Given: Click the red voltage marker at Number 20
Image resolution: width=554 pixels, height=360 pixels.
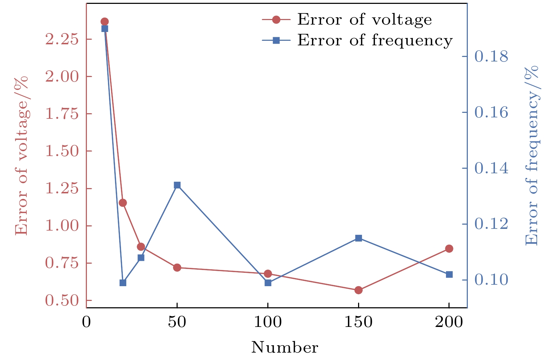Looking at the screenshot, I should [123, 203].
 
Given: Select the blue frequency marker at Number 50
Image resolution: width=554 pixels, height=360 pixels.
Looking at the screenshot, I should [177, 185].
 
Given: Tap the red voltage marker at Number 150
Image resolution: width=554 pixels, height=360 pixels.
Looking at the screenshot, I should [358, 290].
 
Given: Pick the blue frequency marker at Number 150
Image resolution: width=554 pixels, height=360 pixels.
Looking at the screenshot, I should [358, 238].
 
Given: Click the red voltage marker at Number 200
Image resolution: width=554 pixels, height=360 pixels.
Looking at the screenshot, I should [449, 249].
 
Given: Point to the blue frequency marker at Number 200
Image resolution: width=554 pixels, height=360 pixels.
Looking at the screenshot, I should [449, 274].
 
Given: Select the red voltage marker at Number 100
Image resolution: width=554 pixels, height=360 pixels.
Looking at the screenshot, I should [268, 274].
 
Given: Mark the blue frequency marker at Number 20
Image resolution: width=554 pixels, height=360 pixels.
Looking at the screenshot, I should [123, 283].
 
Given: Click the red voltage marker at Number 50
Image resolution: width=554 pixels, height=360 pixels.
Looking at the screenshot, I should [177, 268].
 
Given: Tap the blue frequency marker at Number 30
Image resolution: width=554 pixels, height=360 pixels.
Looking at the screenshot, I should [141, 258].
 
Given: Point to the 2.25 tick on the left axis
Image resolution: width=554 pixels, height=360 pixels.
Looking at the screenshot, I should [62, 39].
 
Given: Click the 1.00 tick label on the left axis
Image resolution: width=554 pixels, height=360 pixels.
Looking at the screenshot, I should [62, 226].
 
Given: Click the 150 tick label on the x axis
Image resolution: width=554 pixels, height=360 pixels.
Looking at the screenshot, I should [358, 322].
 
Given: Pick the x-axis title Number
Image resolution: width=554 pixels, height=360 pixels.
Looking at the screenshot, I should [285, 348].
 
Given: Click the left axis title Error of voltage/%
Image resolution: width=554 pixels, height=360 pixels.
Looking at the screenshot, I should [21, 155].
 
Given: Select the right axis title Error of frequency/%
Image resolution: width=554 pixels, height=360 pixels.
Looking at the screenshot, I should [531, 155].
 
